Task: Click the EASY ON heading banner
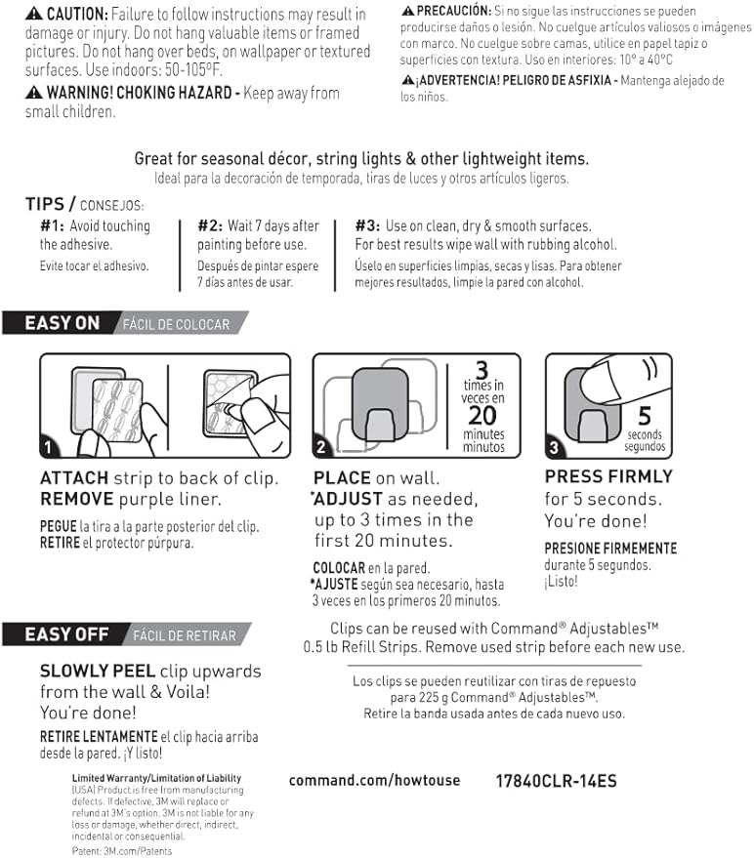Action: (62, 323)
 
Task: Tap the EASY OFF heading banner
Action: (65, 634)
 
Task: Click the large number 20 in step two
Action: (483, 415)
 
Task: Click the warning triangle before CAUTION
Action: (34, 15)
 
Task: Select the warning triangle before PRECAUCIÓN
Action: (407, 10)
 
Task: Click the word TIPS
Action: (45, 204)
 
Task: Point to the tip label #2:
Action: (210, 226)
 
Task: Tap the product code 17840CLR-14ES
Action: (556, 781)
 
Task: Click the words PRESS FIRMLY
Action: (608, 476)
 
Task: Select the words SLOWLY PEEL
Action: (97, 672)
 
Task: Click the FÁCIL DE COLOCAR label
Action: (177, 324)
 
